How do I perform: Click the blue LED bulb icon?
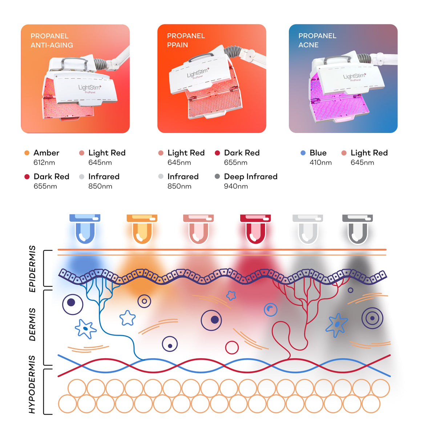(85, 229)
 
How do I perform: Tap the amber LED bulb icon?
(142, 229)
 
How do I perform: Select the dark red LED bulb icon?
(255, 229)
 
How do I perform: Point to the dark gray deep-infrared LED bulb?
(358, 229)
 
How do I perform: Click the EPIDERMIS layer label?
(32, 269)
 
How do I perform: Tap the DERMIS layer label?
(32, 324)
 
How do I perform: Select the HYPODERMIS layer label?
(32, 384)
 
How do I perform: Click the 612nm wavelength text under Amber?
(44, 162)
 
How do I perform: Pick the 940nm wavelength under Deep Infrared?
(236, 186)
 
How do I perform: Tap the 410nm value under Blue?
(320, 162)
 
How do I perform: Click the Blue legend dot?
(303, 153)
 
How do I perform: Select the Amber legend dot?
(27, 153)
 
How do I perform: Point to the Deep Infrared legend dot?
(217, 177)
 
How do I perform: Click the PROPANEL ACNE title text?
(317, 40)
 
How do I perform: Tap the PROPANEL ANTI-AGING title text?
(52, 40)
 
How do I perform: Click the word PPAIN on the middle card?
(177, 45)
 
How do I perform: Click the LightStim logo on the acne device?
(355, 76)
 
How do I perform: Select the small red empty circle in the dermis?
(232, 348)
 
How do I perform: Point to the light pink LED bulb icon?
(198, 229)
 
